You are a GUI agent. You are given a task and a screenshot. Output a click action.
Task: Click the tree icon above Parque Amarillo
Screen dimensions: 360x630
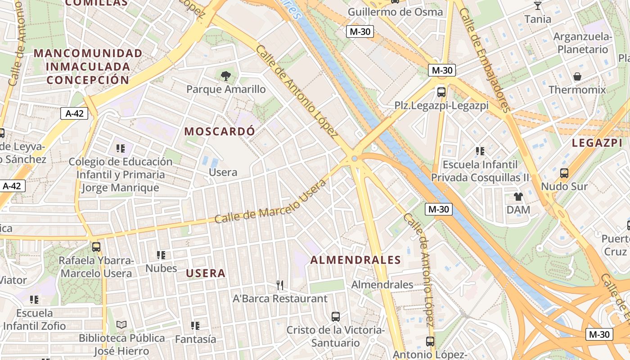coord(226,76)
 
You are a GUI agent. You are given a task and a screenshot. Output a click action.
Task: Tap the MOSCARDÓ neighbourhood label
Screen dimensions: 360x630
coord(220,131)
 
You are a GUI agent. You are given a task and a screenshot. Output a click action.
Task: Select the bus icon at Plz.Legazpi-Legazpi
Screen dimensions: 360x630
coord(441,92)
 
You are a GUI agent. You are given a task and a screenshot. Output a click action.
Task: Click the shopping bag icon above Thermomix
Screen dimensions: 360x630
coord(577,76)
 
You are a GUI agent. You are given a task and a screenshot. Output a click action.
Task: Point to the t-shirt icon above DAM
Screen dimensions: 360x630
coord(518,196)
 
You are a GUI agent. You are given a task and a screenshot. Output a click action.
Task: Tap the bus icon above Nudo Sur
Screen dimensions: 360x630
coord(564,173)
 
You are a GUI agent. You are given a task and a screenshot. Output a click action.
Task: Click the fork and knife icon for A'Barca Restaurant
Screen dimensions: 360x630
coord(280,285)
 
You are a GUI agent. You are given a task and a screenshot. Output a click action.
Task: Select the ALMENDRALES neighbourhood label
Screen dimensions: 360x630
coord(355,260)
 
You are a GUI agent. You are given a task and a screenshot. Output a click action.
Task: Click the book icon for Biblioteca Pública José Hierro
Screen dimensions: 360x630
coord(121,324)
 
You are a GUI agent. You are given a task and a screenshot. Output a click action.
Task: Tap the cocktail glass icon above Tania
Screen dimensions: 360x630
coord(538,6)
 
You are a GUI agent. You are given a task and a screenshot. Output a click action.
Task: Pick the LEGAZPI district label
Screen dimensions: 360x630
coord(597,144)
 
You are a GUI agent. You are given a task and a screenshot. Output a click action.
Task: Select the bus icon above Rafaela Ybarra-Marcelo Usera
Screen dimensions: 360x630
coord(96,247)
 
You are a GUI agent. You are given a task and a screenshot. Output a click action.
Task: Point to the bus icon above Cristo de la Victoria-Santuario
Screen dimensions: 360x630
coord(336,316)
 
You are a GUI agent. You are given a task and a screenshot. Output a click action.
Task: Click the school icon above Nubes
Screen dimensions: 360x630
coord(161,255)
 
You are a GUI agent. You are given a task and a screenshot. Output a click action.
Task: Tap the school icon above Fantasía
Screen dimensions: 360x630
coord(195,325)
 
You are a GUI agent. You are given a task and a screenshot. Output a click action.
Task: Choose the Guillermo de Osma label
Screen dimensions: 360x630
coord(396,12)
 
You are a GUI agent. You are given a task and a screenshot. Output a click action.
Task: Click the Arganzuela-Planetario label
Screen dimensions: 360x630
coord(583,43)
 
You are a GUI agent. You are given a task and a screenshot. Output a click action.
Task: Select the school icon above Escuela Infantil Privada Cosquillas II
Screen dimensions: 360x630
coord(480,151)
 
